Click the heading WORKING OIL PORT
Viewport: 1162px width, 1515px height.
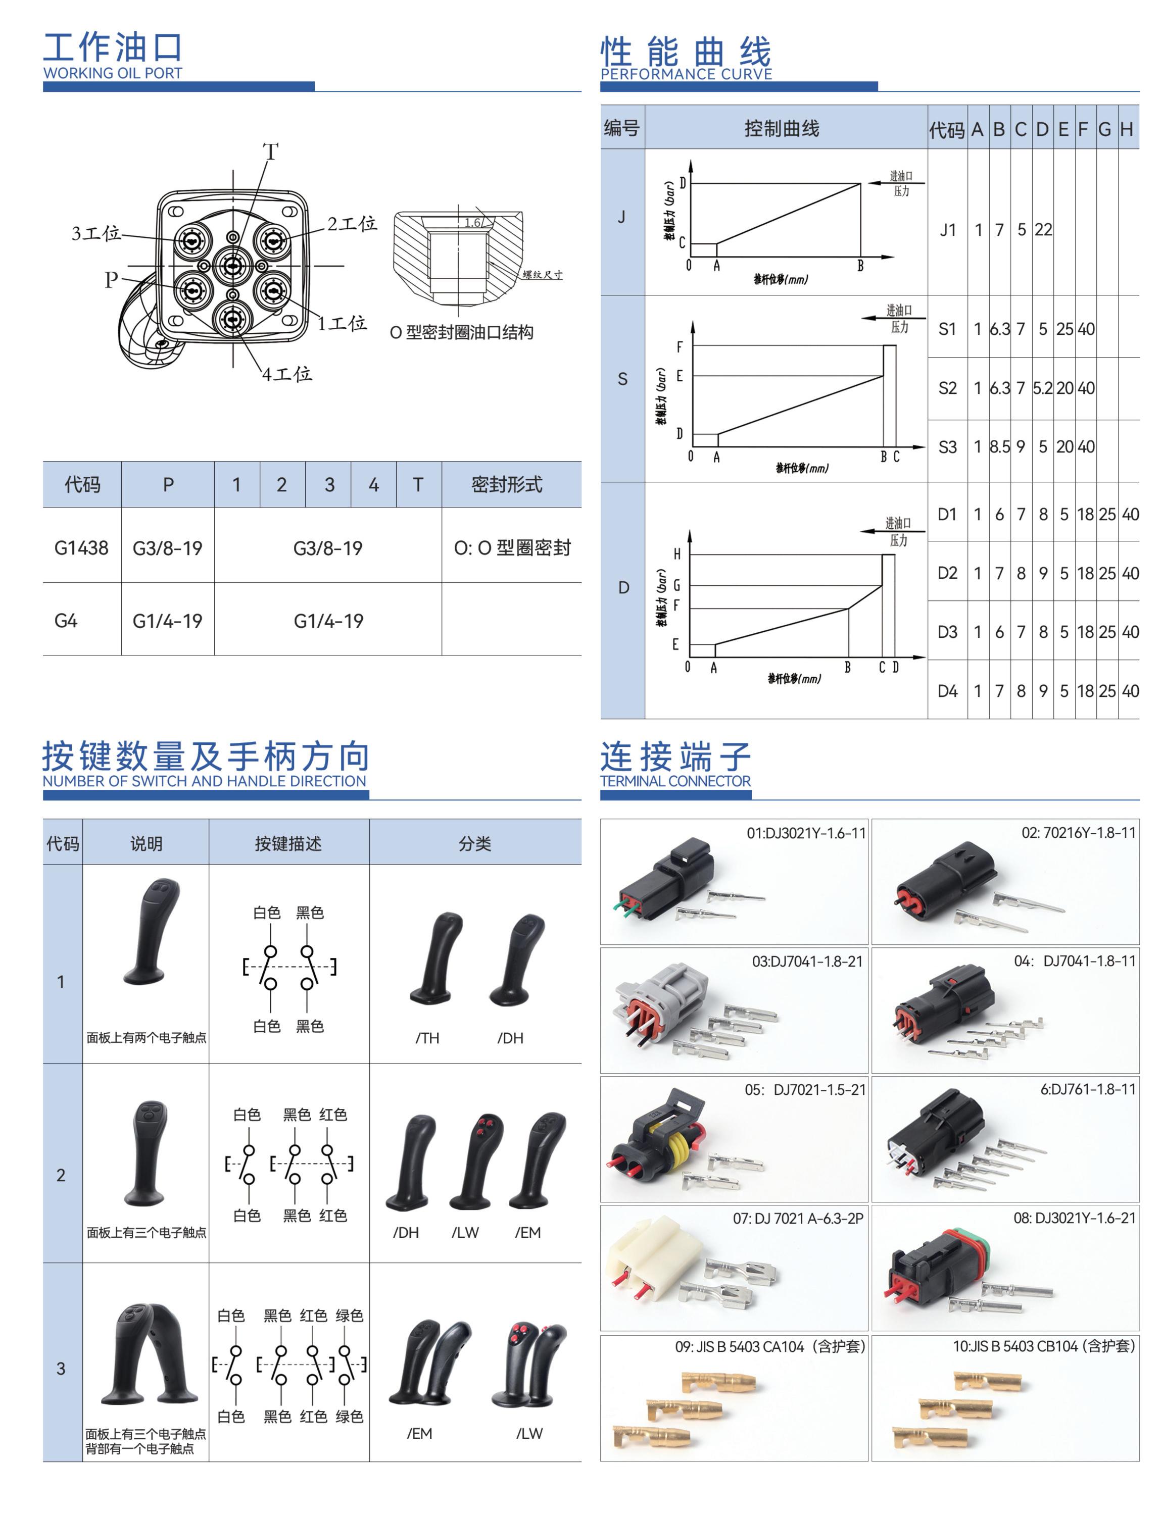pos(112,73)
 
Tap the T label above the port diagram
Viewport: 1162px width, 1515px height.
pos(270,151)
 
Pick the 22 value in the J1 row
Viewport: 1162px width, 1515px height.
pos(1043,230)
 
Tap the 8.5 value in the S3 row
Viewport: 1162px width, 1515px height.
pos(999,447)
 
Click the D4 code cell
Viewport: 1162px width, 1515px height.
pos(947,691)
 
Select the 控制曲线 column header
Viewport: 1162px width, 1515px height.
pos(782,129)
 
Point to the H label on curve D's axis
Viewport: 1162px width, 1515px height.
pos(677,554)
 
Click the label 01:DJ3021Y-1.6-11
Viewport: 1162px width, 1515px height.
pos(806,833)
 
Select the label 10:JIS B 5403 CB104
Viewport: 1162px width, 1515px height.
pos(1043,1346)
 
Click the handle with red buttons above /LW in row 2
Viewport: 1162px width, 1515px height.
pos(476,1161)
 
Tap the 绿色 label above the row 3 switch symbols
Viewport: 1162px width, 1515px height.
pos(349,1315)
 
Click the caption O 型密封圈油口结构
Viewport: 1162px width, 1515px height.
pos(461,333)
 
